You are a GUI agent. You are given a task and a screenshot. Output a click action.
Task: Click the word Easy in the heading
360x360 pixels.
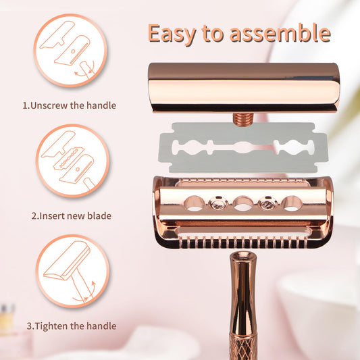172,34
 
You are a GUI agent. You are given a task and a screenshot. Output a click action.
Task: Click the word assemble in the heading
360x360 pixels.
280,33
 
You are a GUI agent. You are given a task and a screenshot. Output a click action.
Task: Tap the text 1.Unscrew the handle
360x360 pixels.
70,105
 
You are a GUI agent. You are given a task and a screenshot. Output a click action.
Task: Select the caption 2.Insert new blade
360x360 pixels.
72,216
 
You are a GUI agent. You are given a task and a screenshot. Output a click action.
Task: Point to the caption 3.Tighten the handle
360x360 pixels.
72,326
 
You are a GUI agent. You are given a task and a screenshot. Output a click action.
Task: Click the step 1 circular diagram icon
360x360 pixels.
70,50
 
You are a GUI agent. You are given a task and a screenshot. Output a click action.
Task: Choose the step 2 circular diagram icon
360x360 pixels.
72,161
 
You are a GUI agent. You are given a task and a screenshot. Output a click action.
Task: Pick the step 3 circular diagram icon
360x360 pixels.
72,271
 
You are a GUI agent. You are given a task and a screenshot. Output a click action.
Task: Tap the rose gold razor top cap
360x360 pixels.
244,88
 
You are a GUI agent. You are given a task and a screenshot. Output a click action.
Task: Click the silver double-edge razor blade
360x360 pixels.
243,148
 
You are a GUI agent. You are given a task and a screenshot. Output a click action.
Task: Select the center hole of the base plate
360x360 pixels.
243,203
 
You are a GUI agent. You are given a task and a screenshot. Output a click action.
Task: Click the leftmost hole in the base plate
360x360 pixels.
195,203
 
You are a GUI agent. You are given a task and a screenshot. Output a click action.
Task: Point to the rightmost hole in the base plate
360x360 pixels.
292,203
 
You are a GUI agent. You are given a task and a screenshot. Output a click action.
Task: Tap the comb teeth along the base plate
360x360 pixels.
243,243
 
